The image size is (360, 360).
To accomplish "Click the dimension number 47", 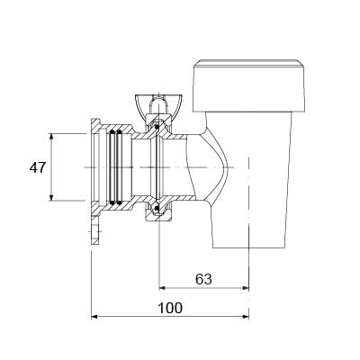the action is pos(37,167).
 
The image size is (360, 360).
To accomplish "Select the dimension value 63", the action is pos(203,279).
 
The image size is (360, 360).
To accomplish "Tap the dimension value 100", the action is pos(170,308).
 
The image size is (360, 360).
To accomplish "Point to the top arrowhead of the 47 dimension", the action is pos(51,137).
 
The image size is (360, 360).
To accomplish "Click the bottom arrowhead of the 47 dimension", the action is pos(51,197).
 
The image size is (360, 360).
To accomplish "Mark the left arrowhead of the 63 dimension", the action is pos(162,288).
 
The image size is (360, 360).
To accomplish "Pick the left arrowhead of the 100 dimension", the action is pos(94,317).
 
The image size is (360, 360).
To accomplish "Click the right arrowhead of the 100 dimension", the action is pos(246,317).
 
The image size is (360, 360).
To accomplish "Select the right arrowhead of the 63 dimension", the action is pos(246,288).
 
